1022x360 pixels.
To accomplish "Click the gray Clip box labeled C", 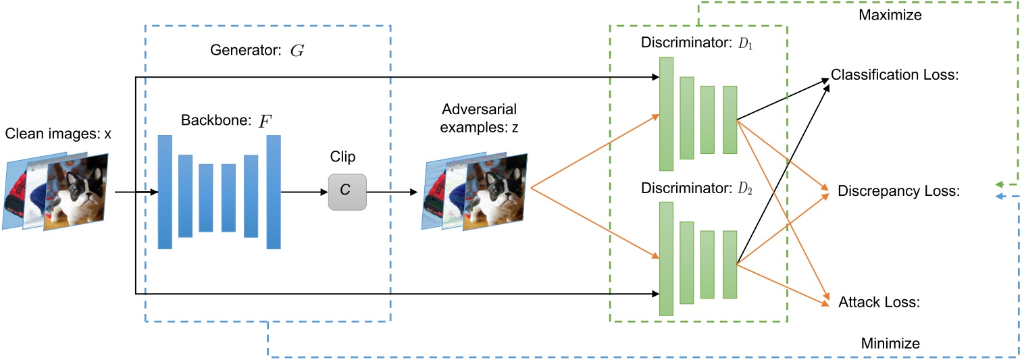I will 347,191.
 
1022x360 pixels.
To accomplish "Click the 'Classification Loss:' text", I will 894,74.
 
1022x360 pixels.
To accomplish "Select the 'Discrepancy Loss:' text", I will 898,191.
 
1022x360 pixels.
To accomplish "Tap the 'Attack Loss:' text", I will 879,302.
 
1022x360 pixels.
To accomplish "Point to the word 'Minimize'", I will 890,343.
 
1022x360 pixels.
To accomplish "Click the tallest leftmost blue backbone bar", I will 165,192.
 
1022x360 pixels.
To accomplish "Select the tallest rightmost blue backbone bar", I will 274,192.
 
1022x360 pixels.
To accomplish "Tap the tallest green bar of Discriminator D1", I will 666,113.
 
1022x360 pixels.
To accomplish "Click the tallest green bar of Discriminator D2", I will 666,259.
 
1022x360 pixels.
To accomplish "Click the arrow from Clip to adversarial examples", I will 392,192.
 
